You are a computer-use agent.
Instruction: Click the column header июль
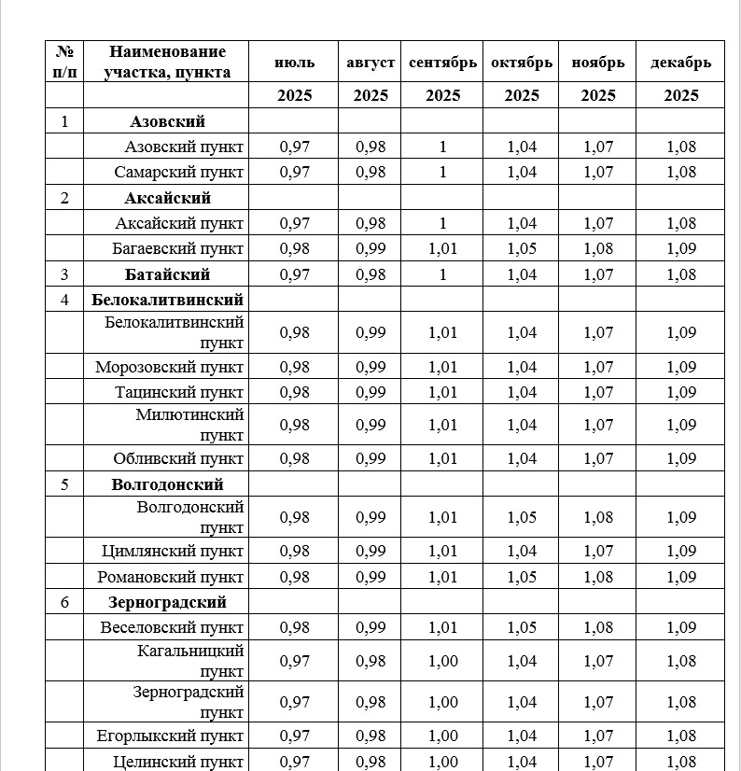click(x=294, y=63)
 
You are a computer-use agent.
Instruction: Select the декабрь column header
click(x=680, y=63)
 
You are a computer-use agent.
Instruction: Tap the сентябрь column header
click(x=443, y=63)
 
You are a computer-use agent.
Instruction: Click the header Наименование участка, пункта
click(x=167, y=62)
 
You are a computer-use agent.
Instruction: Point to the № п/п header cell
click(x=64, y=62)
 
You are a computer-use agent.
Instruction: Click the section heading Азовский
click(x=167, y=121)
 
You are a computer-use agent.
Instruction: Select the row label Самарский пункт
click(x=179, y=172)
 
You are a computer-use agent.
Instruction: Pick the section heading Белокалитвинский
click(x=168, y=300)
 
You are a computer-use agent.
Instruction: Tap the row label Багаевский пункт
click(x=178, y=248)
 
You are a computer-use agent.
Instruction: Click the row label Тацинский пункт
click(x=179, y=392)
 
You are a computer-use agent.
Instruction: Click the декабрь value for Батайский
click(x=681, y=274)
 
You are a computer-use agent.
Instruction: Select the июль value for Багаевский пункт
click(x=295, y=248)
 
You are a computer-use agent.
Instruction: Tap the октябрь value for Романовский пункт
click(x=522, y=577)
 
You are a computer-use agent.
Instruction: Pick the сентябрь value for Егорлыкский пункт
click(x=443, y=736)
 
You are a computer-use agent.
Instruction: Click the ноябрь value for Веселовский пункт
click(x=598, y=627)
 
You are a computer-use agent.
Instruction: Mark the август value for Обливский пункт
click(x=370, y=458)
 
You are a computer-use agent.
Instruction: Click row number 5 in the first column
click(x=64, y=484)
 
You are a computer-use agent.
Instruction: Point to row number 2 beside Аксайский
click(x=64, y=198)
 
